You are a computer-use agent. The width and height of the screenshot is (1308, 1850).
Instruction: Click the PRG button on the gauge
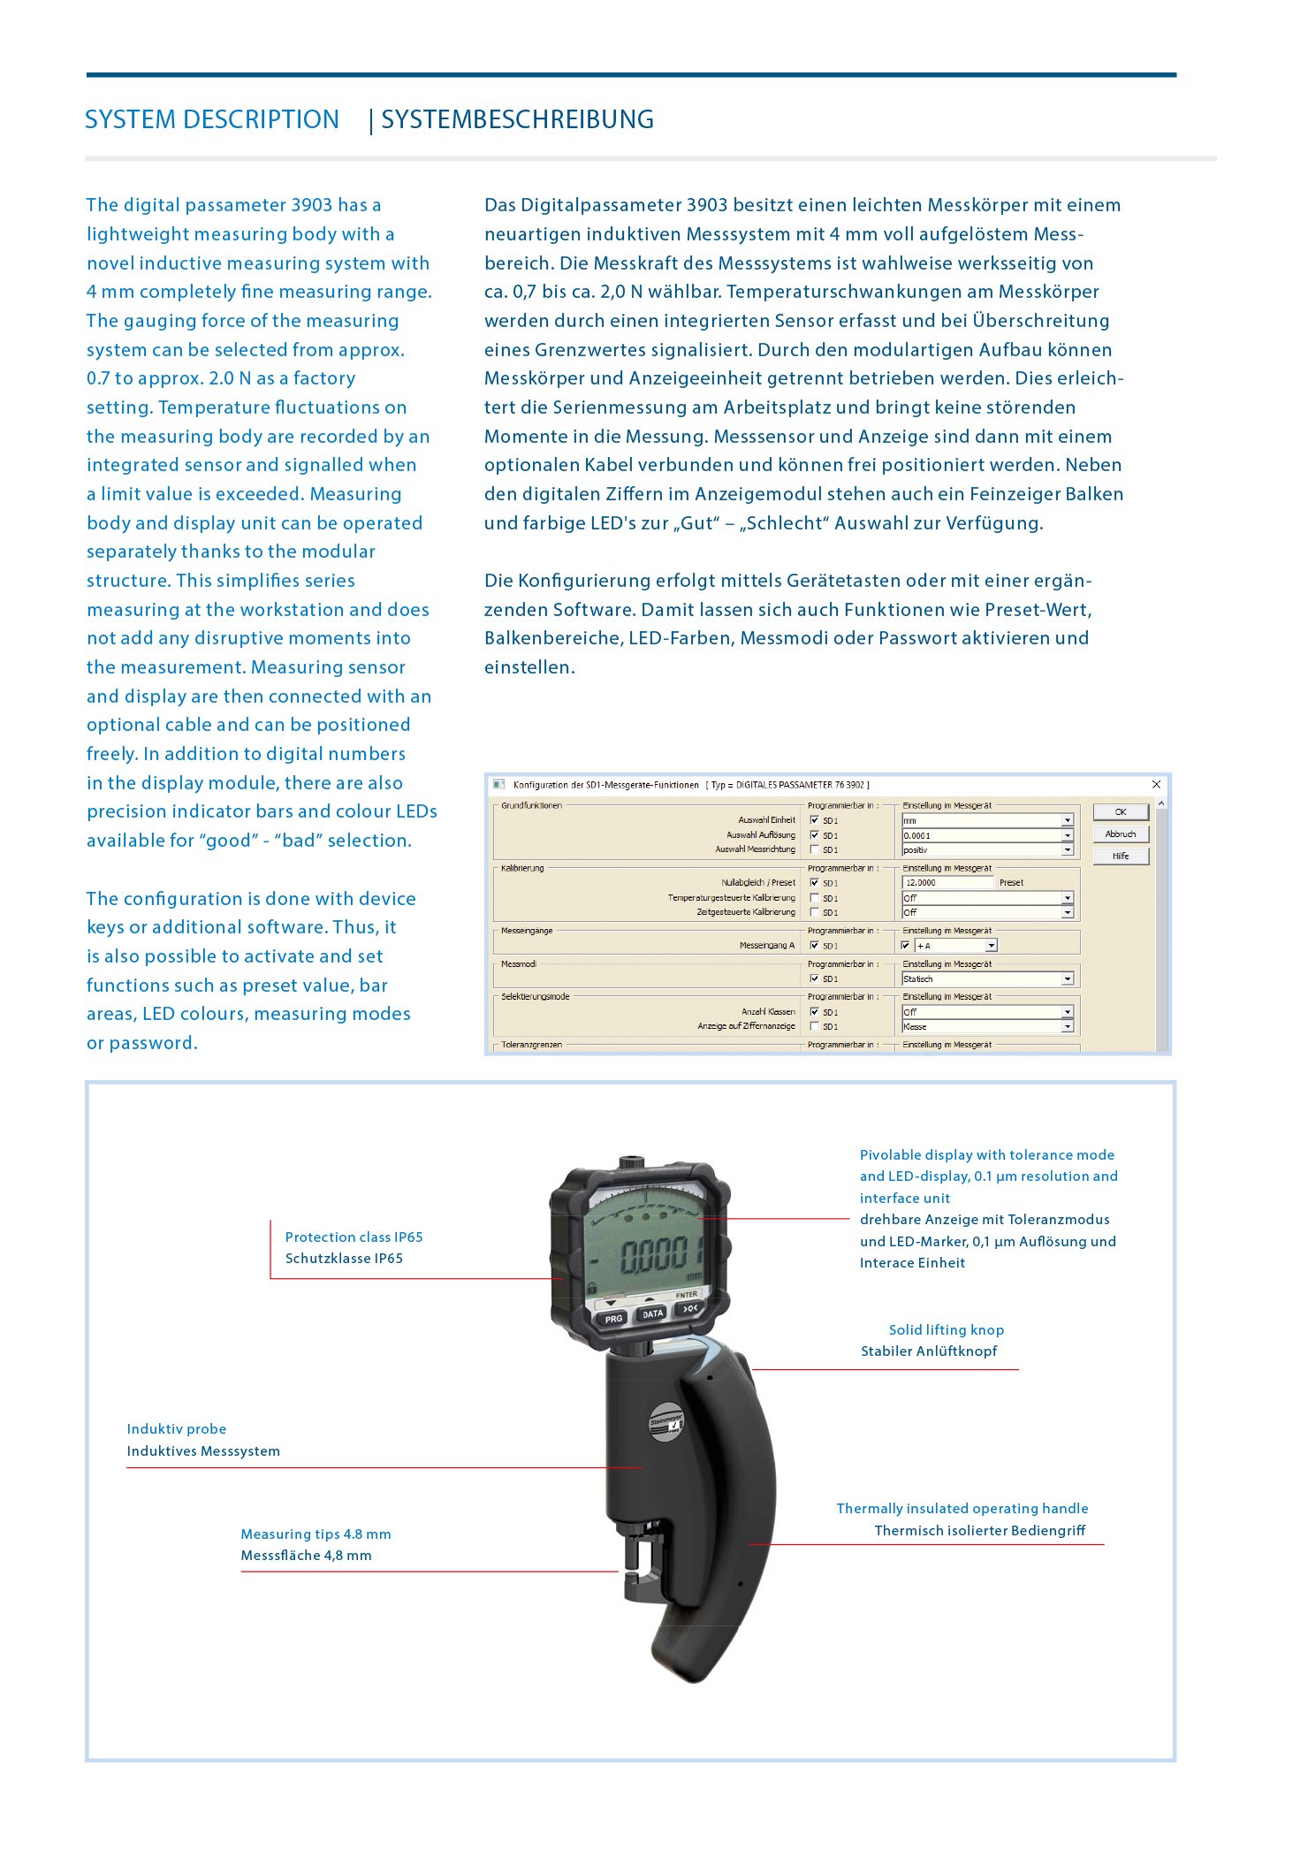[x=613, y=1319]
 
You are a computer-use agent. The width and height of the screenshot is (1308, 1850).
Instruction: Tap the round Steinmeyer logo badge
[x=667, y=1422]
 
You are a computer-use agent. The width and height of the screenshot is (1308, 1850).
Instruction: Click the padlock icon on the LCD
[x=592, y=1288]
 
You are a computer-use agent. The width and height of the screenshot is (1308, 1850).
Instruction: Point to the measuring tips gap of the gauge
[x=633, y=1571]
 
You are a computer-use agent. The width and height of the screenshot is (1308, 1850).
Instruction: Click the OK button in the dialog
[x=1120, y=811]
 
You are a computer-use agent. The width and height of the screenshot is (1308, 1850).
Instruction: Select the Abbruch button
[x=1120, y=834]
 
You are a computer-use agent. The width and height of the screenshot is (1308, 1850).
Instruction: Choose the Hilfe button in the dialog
[x=1120, y=856]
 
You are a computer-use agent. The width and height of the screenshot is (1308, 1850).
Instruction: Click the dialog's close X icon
[x=1156, y=784]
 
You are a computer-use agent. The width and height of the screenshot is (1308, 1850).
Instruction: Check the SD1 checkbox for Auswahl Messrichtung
[x=814, y=849]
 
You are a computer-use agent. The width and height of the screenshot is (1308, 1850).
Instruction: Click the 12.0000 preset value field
[x=947, y=882]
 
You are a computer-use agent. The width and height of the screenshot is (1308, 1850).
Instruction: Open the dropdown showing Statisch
[x=1067, y=978]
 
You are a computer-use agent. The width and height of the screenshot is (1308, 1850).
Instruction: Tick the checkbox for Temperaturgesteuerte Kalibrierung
[x=814, y=898]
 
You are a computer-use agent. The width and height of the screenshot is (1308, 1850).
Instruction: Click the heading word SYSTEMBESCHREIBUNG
[x=517, y=119]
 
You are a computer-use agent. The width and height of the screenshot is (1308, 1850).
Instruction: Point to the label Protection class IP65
[x=354, y=1237]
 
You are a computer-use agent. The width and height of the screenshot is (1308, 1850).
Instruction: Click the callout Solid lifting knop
[x=946, y=1329]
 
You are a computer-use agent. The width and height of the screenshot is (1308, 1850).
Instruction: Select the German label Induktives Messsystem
[x=203, y=1450]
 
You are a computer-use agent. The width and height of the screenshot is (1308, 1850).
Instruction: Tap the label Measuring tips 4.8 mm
[x=316, y=1534]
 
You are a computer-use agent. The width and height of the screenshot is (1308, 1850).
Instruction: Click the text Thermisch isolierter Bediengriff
[x=979, y=1530]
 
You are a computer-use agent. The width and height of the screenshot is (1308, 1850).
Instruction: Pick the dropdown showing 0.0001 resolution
[x=1067, y=835]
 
